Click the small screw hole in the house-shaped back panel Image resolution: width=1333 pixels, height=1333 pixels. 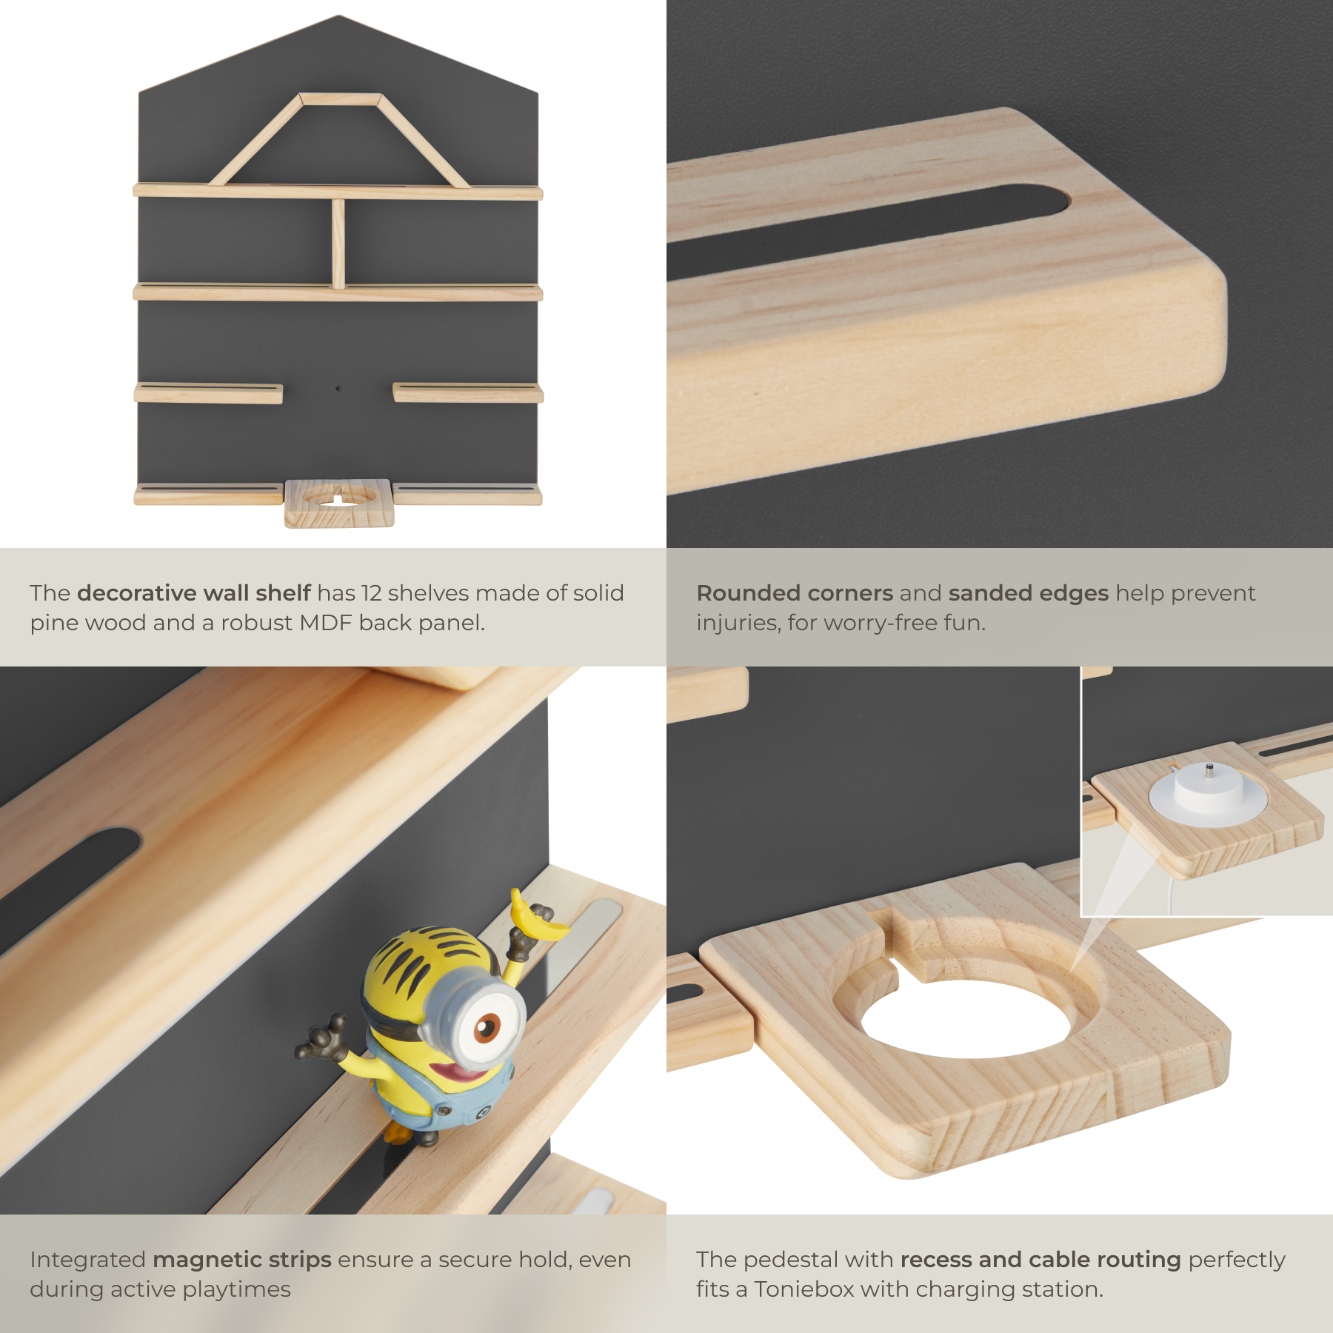pos(338,388)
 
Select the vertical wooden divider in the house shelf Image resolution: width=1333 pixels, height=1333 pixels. pos(338,244)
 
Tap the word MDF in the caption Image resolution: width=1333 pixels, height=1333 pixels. pos(326,623)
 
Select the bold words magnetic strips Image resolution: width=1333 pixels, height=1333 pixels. pos(242,1260)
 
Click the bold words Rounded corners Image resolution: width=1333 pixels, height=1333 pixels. pos(795,593)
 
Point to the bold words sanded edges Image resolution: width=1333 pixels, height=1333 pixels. pos(1028,594)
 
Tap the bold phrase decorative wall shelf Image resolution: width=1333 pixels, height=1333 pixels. pos(194,593)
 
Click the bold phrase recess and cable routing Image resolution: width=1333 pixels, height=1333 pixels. pos(1040,1260)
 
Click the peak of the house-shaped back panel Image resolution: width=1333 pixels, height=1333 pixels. pos(338,16)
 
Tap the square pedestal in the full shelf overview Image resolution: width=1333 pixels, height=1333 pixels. pos(339,503)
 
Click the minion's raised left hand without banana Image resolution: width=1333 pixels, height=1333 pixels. pos(323,1037)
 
